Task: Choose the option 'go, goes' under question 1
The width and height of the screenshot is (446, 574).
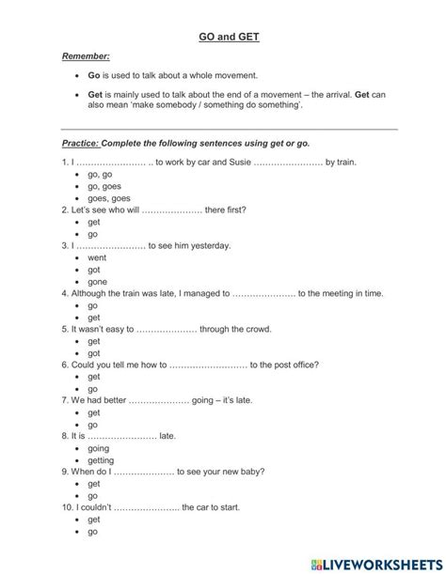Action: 104,186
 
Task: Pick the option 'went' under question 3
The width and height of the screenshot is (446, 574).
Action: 97,256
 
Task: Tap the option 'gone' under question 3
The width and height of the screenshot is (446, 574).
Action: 97,281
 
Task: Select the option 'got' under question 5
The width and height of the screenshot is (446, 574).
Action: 94,352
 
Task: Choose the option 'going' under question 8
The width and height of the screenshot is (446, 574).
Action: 98,448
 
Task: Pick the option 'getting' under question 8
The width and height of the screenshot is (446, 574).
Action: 100,459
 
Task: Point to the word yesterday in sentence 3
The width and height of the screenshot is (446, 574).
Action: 211,245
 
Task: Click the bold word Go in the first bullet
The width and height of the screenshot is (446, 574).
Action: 93,74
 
